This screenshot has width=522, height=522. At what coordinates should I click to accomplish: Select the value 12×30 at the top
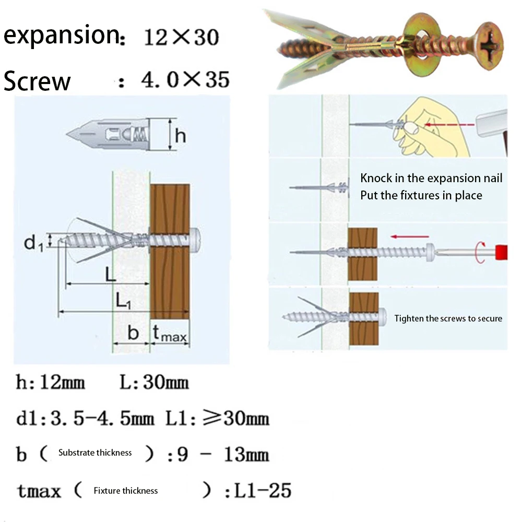pos(180,38)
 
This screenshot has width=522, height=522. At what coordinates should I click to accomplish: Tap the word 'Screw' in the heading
pos(37,81)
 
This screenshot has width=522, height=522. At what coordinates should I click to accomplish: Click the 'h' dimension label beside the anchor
pos(181,136)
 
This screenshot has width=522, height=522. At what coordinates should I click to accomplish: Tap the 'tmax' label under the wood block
pos(170,335)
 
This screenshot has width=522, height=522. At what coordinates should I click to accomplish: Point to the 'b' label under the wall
pos(133,333)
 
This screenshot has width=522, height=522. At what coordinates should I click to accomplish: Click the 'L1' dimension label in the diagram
pos(123,300)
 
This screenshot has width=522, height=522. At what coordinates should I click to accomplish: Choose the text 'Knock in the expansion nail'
pos(431,178)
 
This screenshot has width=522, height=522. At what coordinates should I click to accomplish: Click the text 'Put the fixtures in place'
pos(421,195)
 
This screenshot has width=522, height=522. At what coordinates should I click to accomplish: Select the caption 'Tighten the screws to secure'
pos(448,318)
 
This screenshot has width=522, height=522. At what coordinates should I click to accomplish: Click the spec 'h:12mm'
pos(50,383)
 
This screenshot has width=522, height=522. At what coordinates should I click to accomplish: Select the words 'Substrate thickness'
pos(95,453)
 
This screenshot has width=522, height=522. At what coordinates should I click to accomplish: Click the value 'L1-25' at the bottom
pos(263,490)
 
